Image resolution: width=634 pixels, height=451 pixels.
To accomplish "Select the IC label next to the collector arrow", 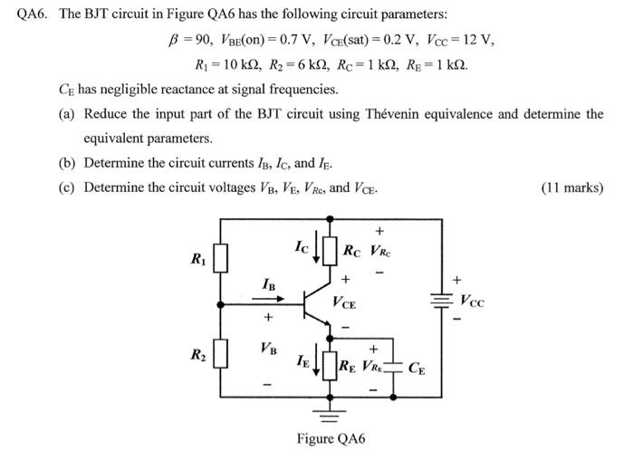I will pyautogui.click(x=302, y=245).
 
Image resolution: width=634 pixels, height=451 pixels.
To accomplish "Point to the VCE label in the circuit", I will pyautogui.click(x=344, y=304).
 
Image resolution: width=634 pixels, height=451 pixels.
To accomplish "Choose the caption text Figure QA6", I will pyautogui.click(x=330, y=438).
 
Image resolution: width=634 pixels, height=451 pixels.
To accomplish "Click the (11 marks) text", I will pyautogui.click(x=572, y=187).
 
